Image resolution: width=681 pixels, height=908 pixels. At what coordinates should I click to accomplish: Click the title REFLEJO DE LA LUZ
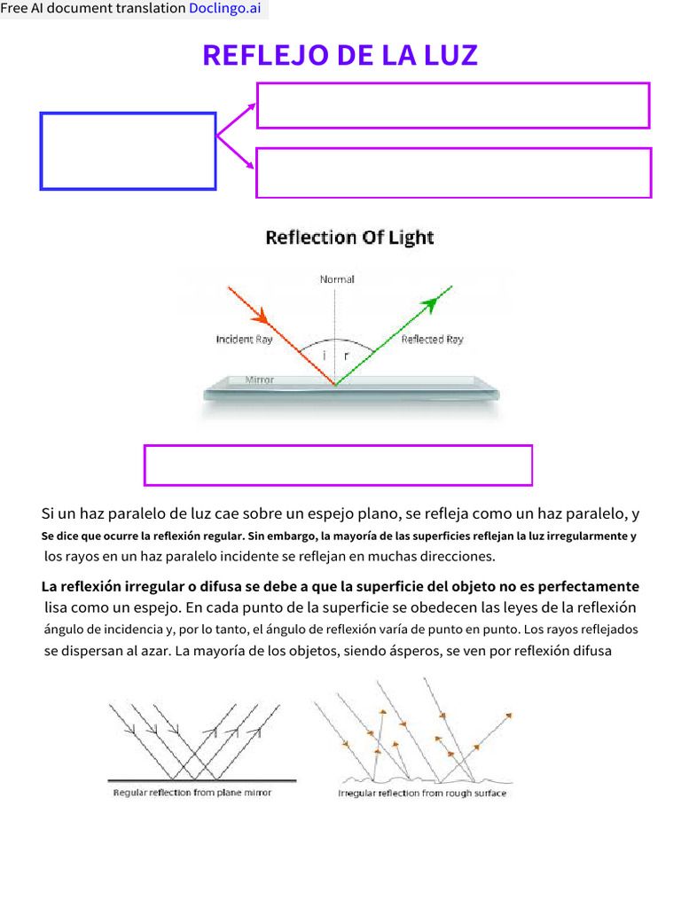pyautogui.click(x=340, y=55)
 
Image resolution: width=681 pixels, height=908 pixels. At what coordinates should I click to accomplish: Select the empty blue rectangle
pyautogui.click(x=128, y=151)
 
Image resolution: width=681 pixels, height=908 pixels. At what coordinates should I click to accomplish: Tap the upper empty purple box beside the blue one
pyautogui.click(x=453, y=106)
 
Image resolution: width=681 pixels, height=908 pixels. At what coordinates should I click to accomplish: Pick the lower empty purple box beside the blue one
pyautogui.click(x=453, y=173)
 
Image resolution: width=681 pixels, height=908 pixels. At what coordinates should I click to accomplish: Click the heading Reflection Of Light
pyautogui.click(x=350, y=238)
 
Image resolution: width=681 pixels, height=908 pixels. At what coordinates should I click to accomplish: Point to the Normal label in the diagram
pyautogui.click(x=337, y=279)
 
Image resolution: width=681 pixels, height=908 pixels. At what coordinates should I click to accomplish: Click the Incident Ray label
pyautogui.click(x=244, y=340)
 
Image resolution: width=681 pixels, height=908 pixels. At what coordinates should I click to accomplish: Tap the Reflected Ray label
pyautogui.click(x=432, y=340)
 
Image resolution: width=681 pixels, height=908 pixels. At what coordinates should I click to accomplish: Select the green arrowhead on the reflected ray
pyautogui.click(x=431, y=304)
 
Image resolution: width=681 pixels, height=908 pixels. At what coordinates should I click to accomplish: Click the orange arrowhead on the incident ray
pyautogui.click(x=261, y=316)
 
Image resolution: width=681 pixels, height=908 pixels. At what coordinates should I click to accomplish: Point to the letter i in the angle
pyautogui.click(x=324, y=356)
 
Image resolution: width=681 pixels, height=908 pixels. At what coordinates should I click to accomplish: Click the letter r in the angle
pyautogui.click(x=347, y=356)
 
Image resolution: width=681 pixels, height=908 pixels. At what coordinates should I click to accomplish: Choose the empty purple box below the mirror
pyautogui.click(x=338, y=466)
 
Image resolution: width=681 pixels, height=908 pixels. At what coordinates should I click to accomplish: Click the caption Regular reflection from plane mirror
pyautogui.click(x=192, y=793)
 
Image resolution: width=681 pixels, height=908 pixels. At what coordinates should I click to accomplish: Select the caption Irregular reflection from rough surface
pyautogui.click(x=422, y=793)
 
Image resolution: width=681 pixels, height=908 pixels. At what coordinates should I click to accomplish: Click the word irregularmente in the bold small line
pyautogui.click(x=585, y=536)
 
